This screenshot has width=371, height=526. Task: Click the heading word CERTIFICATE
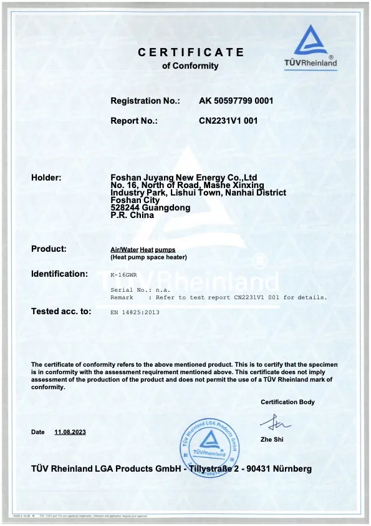pos(191,53)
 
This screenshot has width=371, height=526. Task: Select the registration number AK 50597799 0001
pos(236,101)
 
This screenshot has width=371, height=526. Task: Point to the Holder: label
pos(46,178)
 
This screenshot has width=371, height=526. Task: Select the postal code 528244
pos(125,208)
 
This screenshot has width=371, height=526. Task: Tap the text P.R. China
pos(132,216)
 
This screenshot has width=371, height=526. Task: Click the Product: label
pos(49,249)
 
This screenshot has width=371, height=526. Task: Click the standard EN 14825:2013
pos(135,312)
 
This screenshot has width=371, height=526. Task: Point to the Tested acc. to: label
pos(61,311)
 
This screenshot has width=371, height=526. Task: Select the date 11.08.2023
pos(69,432)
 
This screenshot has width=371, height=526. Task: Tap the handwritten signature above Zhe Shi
pos(274,425)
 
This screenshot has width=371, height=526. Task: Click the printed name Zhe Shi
pos(271,440)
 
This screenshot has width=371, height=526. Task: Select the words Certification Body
pos(287,402)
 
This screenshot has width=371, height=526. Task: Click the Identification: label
pos(59,274)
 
